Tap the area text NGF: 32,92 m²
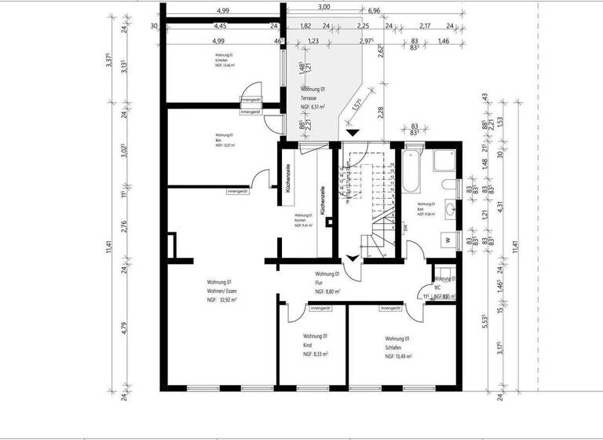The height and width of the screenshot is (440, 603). (222, 300)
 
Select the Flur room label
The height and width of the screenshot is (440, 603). (319, 283)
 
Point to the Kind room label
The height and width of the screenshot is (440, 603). (308, 346)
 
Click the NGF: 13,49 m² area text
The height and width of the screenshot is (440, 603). (400, 356)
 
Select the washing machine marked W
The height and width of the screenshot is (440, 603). (447, 239)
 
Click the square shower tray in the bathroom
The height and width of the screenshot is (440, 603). (445, 160)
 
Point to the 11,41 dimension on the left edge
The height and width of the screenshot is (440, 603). (109, 248)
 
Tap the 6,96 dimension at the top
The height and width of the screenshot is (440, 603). (374, 11)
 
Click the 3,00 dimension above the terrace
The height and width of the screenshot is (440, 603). (323, 7)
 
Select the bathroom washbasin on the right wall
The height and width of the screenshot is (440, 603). (450, 209)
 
